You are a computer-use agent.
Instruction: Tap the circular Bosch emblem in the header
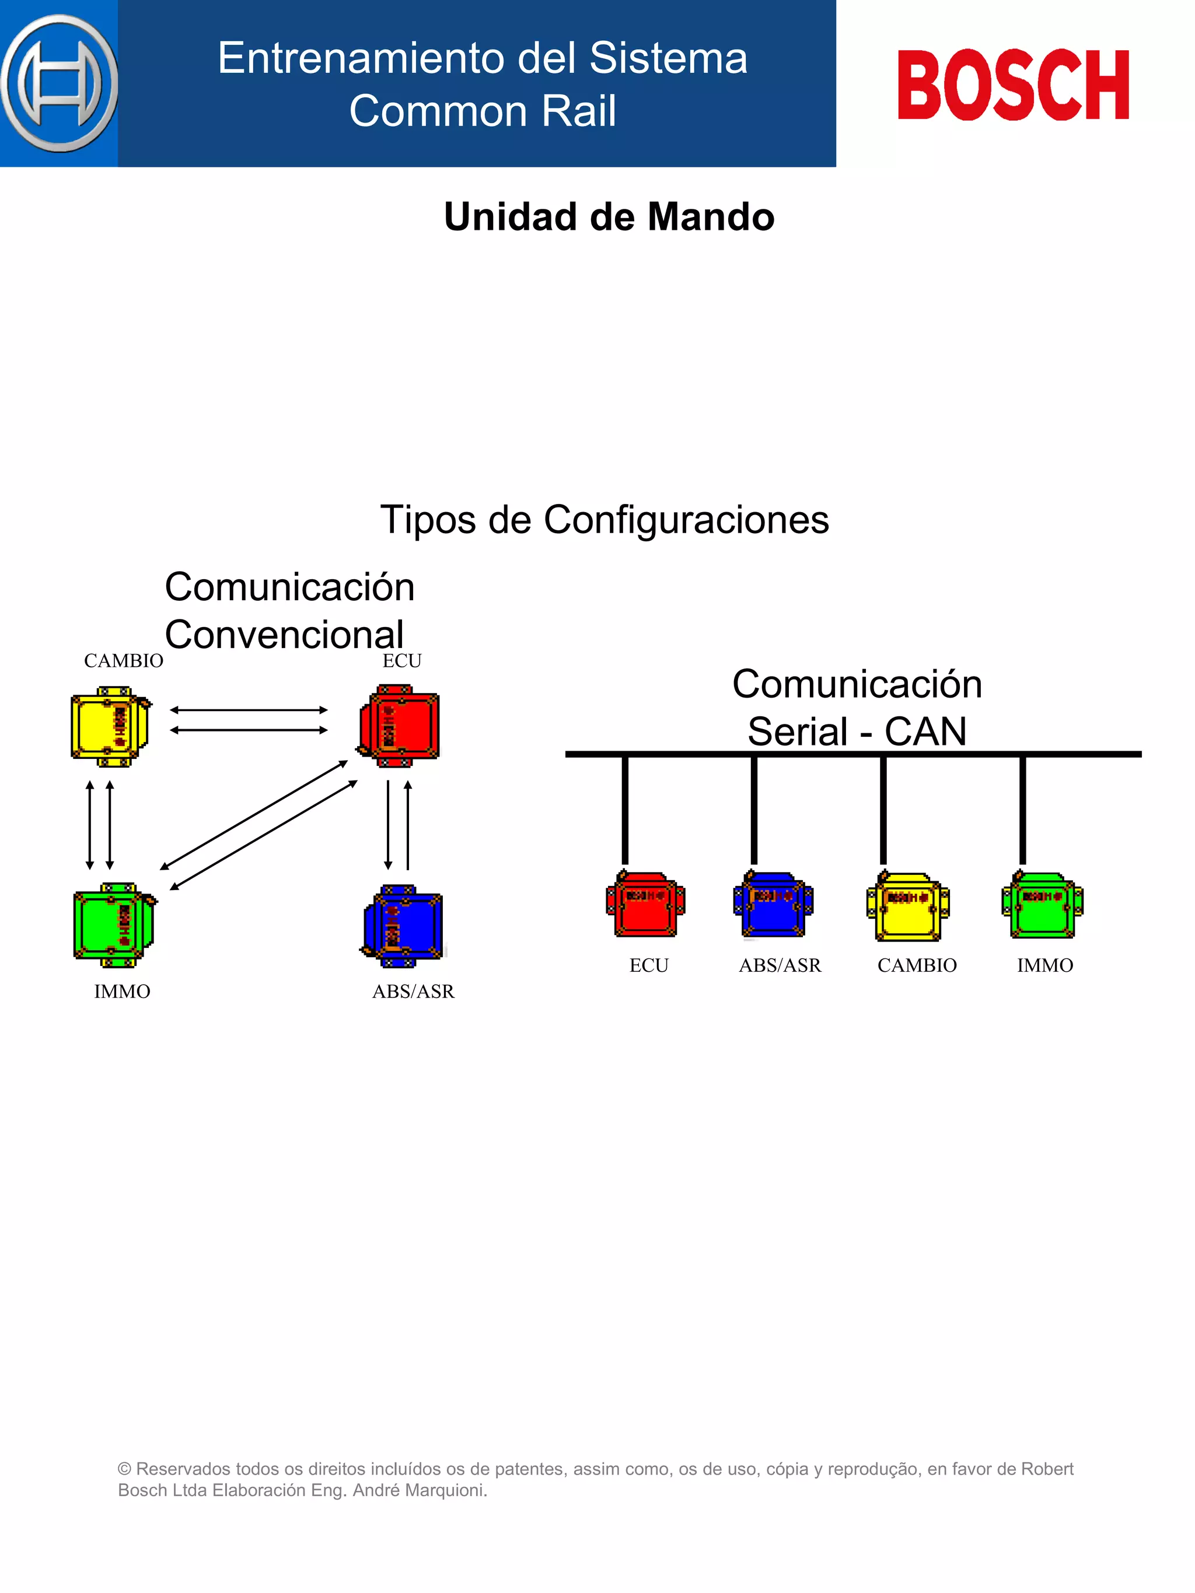[59, 83]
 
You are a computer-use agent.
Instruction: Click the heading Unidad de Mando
[609, 217]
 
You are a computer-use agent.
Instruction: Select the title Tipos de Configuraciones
[605, 520]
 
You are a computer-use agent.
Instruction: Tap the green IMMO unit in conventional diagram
[114, 925]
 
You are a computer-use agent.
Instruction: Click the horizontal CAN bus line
[853, 754]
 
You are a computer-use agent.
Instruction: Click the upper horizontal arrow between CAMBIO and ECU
[249, 710]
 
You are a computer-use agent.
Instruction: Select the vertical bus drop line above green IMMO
[1022, 810]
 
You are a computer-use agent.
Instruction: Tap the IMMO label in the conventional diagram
[122, 992]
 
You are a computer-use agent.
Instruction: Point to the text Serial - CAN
[857, 731]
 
